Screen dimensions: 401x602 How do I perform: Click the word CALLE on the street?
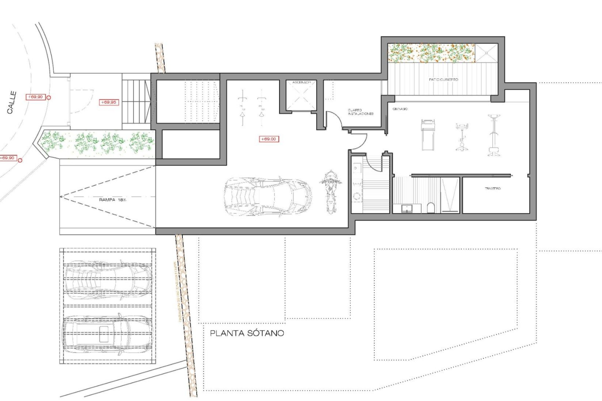(x=12, y=102)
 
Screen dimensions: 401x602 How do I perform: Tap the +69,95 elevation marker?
(x=109, y=102)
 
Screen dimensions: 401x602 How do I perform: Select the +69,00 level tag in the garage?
(x=269, y=139)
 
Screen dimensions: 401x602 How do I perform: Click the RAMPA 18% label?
(x=113, y=200)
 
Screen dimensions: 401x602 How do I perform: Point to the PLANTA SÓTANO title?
(x=247, y=333)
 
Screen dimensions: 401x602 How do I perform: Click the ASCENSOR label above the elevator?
(x=301, y=82)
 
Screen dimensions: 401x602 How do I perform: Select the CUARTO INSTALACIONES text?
(x=361, y=112)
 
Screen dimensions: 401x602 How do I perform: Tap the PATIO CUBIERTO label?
(x=443, y=80)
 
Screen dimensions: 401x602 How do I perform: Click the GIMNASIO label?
(x=400, y=109)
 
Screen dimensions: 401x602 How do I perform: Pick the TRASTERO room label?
(x=493, y=188)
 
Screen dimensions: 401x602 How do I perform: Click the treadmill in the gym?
(x=428, y=135)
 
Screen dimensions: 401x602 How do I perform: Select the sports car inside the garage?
(x=268, y=197)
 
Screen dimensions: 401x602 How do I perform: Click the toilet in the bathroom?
(x=431, y=208)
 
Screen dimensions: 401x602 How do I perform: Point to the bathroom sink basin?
(x=407, y=208)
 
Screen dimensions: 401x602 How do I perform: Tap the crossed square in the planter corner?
(x=486, y=53)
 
